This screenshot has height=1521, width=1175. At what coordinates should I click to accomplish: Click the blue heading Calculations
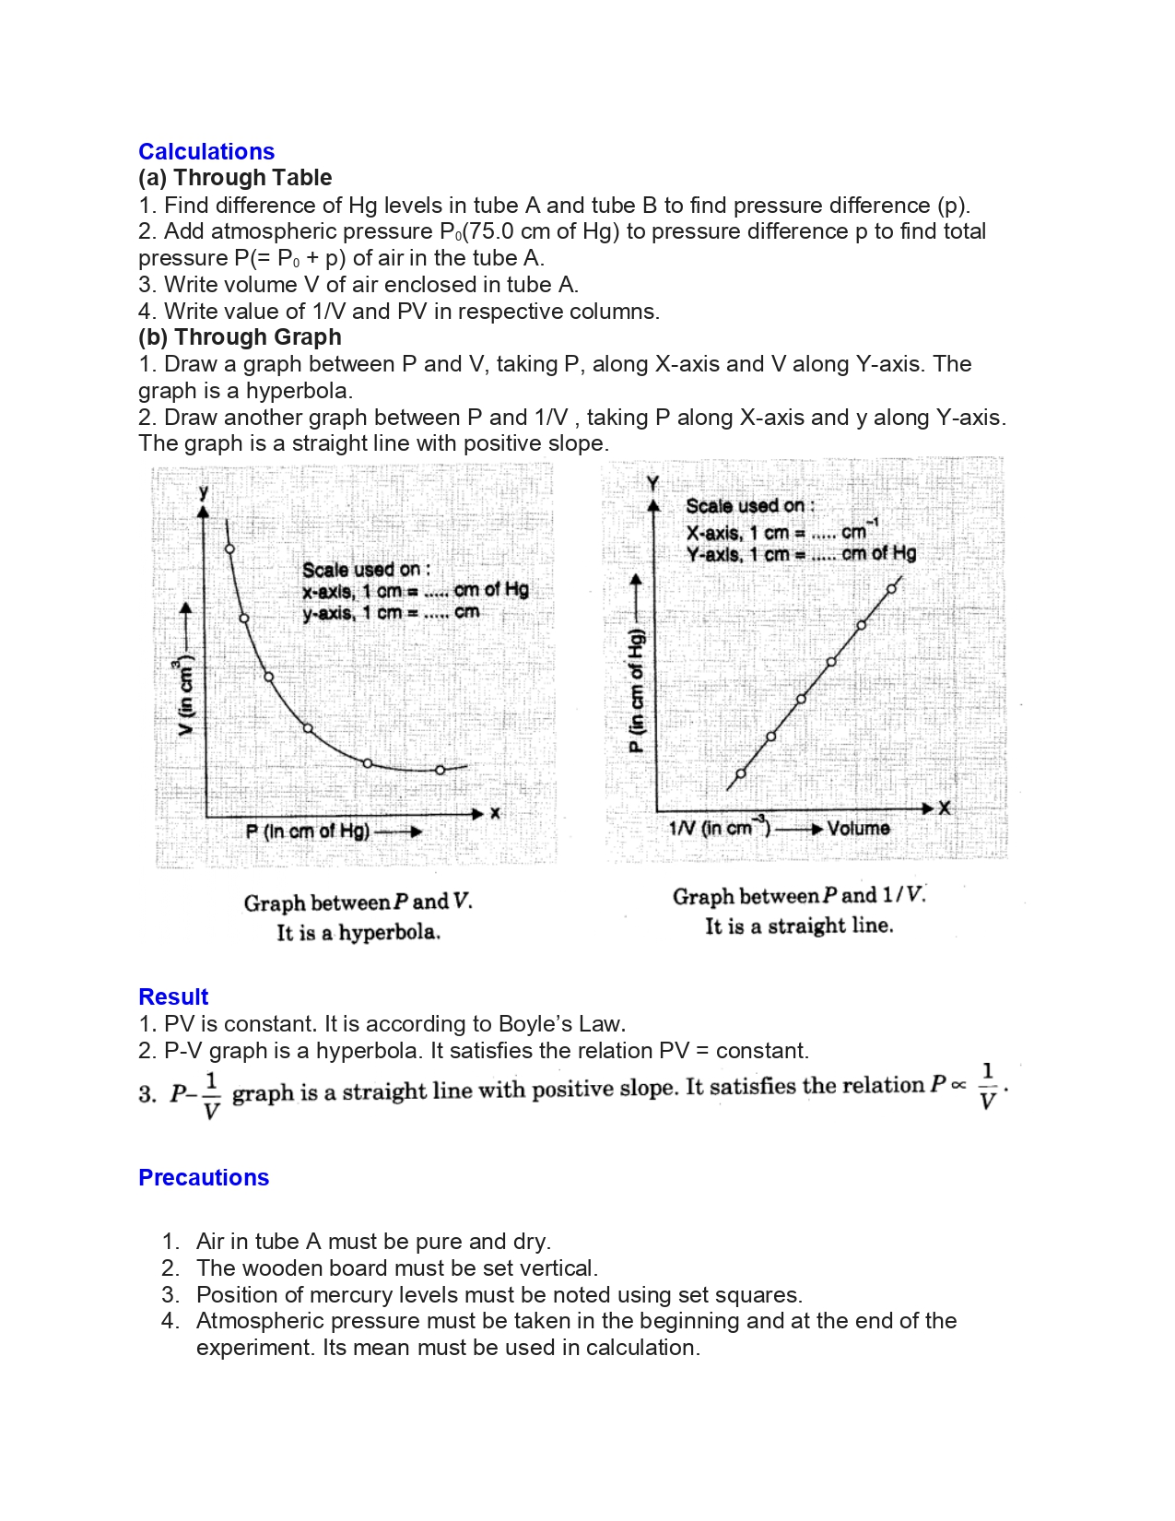[206, 152]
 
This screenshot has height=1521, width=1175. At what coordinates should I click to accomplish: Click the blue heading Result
[173, 997]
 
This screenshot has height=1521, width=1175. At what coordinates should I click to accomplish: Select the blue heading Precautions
[204, 1178]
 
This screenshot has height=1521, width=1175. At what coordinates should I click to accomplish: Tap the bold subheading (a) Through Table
[235, 178]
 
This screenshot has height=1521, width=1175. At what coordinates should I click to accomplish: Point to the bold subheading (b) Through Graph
[240, 337]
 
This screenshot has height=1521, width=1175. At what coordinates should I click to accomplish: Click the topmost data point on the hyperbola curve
[230, 549]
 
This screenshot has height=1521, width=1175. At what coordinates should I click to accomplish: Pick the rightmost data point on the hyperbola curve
[440, 770]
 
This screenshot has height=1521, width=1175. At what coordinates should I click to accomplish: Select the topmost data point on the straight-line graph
[891, 589]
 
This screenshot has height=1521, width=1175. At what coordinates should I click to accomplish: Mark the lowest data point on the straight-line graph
[741, 774]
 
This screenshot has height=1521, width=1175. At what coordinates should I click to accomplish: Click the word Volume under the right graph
[858, 828]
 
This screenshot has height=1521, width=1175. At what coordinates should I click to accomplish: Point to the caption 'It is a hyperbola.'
[358, 933]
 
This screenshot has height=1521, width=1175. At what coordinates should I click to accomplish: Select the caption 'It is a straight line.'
[799, 926]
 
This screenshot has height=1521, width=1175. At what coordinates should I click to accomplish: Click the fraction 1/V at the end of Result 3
[988, 1087]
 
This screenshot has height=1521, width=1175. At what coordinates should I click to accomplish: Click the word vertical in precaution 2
[555, 1268]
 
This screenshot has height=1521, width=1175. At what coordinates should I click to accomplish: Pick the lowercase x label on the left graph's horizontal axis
[495, 813]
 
